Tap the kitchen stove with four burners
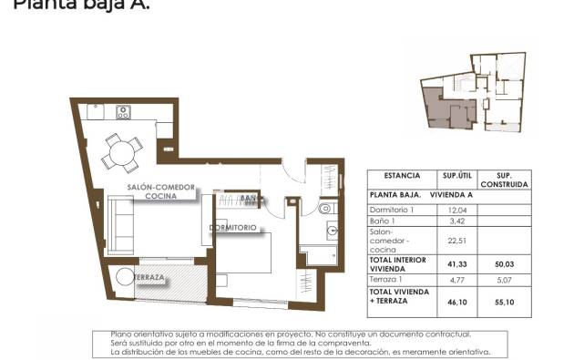tap(124, 113)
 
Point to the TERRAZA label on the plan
tap(148, 277)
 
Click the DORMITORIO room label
tap(232, 227)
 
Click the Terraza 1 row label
tap(386, 280)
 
